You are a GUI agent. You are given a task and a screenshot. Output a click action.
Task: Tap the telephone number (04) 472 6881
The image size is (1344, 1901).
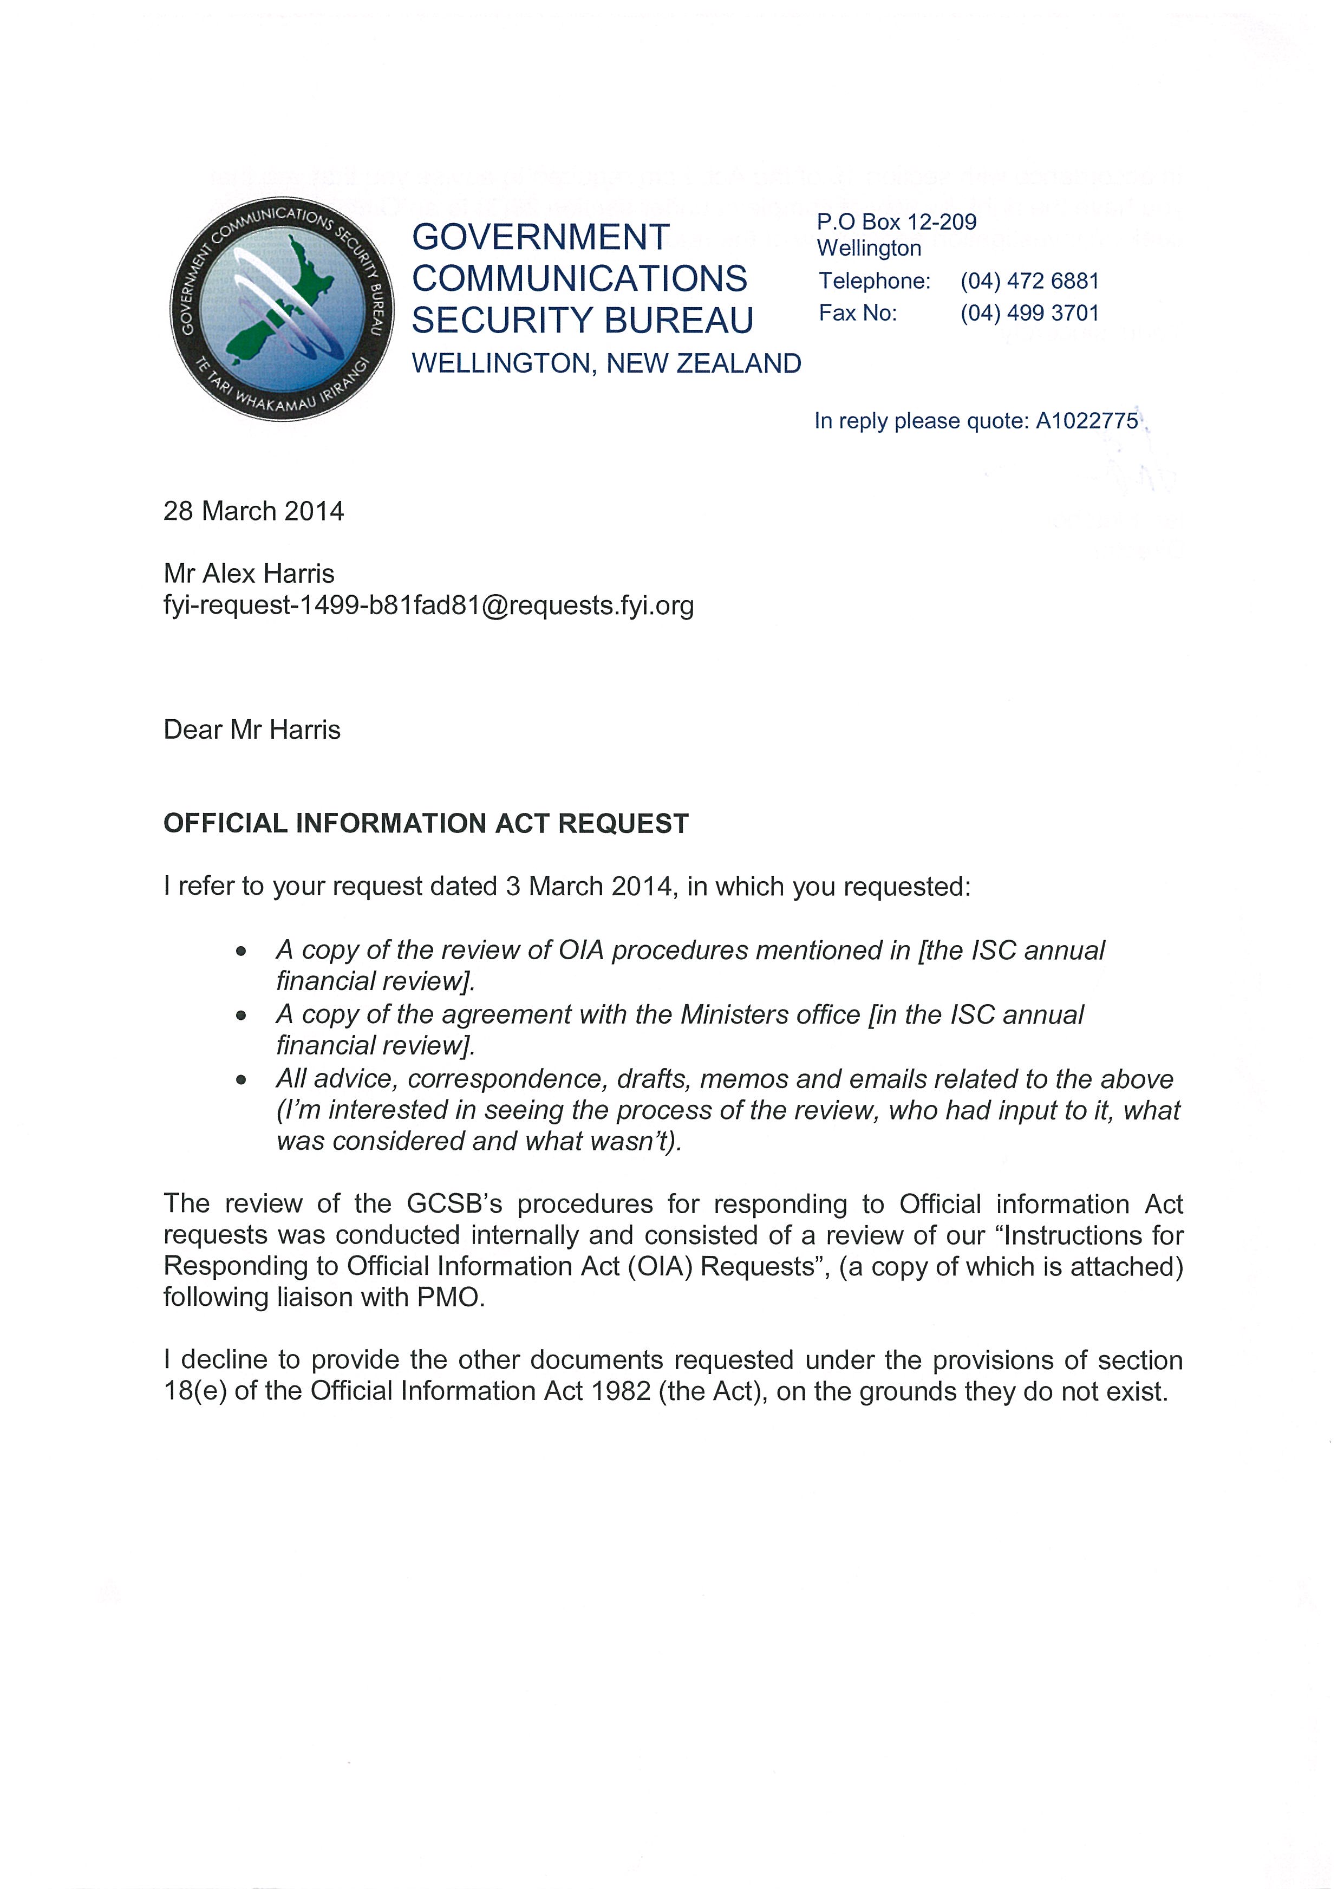tap(1029, 282)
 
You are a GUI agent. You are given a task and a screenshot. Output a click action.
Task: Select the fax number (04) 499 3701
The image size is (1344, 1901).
tap(1029, 314)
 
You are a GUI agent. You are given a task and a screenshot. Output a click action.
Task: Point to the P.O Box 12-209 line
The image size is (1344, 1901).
tap(896, 222)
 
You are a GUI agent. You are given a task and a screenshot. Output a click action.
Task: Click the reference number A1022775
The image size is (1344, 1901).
tap(1087, 421)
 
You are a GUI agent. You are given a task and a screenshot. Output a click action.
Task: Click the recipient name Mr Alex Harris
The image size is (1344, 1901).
tap(249, 574)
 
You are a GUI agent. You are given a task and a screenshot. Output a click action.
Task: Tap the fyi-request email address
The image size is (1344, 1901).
tap(429, 606)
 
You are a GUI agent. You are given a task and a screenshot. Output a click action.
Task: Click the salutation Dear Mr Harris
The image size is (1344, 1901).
tap(252, 730)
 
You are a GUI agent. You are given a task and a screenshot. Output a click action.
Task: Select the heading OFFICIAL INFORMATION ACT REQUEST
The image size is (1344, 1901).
tap(426, 824)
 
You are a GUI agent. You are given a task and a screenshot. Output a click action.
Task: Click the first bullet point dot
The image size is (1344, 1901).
tap(241, 952)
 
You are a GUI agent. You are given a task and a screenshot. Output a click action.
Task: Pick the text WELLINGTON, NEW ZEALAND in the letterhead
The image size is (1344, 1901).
tap(606, 363)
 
